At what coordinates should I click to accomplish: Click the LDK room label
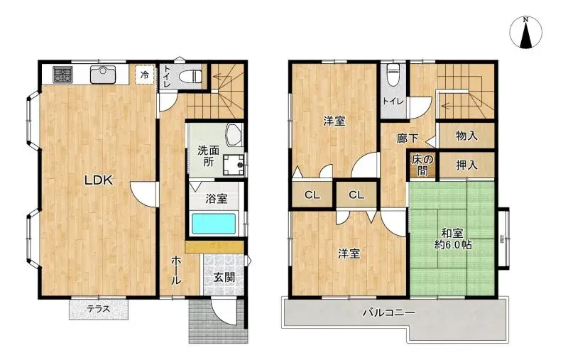99,180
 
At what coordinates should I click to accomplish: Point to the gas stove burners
59,74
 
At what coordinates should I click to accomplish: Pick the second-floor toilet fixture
393,74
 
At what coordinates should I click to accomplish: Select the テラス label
99,309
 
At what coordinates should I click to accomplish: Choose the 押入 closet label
466,165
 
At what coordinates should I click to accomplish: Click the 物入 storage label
466,135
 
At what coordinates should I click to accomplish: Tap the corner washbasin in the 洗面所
233,134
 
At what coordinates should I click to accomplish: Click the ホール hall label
175,270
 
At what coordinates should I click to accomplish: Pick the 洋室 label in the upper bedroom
334,121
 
